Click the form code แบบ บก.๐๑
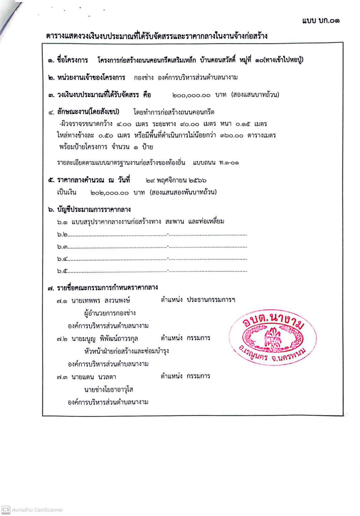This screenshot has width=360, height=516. (321, 21)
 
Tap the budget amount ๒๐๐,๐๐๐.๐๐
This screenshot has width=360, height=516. (191, 95)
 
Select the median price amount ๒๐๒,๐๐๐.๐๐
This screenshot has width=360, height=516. (109, 193)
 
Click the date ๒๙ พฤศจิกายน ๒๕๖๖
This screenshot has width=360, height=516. (176, 181)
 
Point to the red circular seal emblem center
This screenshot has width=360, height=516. (273, 337)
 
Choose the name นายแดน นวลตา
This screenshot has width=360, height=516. (94, 377)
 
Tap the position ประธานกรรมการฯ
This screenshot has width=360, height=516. (211, 300)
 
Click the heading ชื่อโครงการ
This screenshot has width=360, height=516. (72, 60)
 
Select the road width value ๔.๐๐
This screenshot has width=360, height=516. (124, 124)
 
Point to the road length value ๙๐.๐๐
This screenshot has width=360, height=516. (190, 124)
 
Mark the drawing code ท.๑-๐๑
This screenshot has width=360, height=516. (229, 163)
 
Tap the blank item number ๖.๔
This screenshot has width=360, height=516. (62, 259)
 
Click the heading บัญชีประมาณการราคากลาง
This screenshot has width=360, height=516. (94, 210)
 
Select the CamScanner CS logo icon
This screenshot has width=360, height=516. (6, 510)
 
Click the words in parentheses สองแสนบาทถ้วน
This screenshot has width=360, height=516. (255, 95)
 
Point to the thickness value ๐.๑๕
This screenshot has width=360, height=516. (243, 124)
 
